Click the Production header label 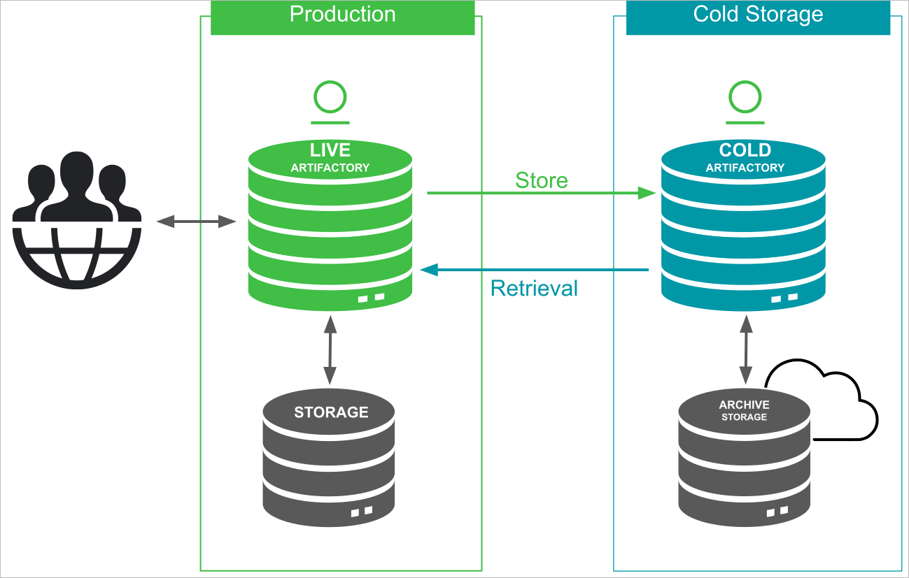[342, 15]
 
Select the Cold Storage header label [758, 15]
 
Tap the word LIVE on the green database [330, 150]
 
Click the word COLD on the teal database [745, 150]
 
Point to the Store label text [541, 180]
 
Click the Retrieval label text [534, 288]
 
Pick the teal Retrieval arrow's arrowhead [428, 270]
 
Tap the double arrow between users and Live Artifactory [196, 222]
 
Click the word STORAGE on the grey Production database [331, 412]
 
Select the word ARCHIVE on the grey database [744, 405]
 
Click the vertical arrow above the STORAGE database [329, 350]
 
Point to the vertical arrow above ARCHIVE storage [746, 349]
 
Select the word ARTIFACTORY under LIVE [330, 168]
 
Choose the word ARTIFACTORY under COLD [745, 168]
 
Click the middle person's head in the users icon [76, 168]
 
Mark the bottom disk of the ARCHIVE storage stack [744, 507]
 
